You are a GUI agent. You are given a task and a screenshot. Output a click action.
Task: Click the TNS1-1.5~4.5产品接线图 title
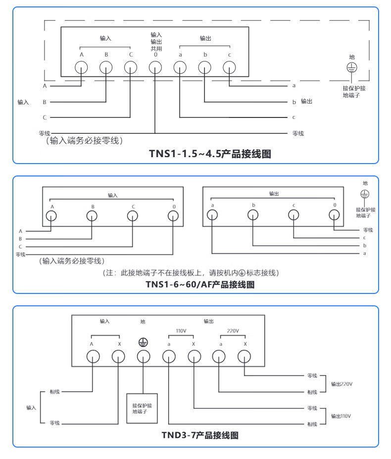[x=210, y=154]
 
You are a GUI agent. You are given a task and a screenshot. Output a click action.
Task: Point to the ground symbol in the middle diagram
[x=365, y=194]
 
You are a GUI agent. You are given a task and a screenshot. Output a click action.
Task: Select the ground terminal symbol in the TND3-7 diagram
[x=143, y=343]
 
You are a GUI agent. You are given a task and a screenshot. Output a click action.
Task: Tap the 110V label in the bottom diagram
[x=181, y=331]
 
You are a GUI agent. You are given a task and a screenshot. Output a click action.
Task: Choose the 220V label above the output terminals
[x=233, y=331]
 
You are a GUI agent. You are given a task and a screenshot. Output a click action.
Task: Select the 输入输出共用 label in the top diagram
[x=156, y=42]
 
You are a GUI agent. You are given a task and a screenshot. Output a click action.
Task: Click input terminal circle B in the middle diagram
[x=92, y=216]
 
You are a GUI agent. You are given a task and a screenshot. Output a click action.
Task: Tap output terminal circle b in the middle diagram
[x=253, y=215]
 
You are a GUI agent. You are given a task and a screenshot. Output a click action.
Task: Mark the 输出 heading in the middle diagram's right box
[x=274, y=194]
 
